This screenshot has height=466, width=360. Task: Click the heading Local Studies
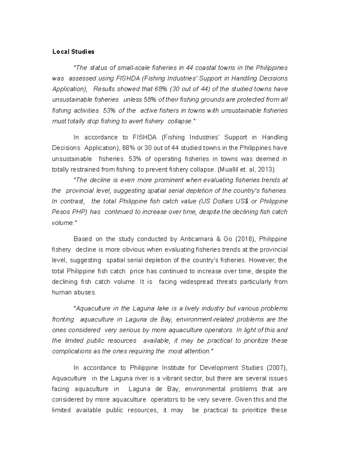(73, 52)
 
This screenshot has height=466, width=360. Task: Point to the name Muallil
(229, 170)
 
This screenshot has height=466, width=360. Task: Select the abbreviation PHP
(79, 212)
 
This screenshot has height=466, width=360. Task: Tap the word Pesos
(61, 212)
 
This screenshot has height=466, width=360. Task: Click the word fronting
(63, 320)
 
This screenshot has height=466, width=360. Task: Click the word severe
(224, 400)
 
